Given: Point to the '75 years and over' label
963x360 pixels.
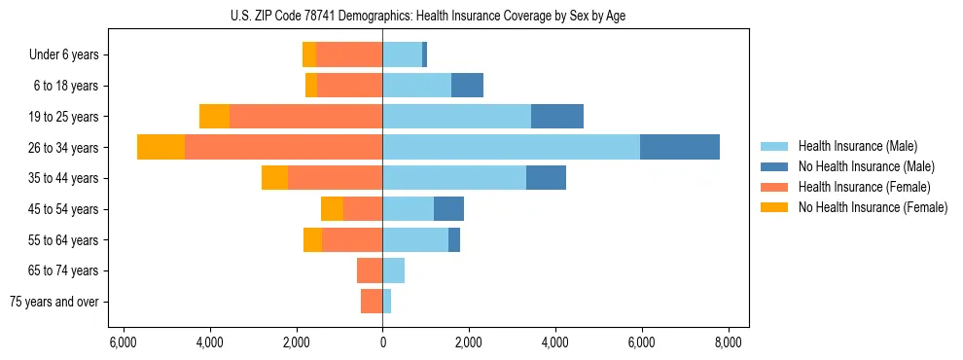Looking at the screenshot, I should [54, 302].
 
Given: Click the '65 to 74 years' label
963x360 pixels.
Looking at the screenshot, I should [64, 270].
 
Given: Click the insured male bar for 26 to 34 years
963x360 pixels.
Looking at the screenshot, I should [511, 147].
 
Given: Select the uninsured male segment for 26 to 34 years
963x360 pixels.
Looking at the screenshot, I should [680, 147].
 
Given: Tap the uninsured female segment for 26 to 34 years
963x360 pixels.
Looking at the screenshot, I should [160, 147].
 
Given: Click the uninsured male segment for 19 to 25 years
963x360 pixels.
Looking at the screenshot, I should [557, 117].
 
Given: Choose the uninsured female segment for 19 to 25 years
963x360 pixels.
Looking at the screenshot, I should [214, 117].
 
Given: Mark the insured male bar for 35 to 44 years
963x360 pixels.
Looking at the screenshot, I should [454, 178].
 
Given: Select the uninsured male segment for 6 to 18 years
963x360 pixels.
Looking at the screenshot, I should [467, 86].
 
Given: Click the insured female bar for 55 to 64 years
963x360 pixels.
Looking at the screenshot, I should [352, 239].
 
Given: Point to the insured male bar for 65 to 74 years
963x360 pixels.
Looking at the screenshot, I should [393, 270].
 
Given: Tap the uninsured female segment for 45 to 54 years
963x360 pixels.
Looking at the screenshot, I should [332, 209].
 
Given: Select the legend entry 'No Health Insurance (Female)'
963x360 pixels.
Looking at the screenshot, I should [872, 207].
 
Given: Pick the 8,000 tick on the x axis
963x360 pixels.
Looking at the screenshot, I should [729, 342].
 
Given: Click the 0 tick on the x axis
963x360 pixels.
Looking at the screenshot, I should [382, 342].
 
